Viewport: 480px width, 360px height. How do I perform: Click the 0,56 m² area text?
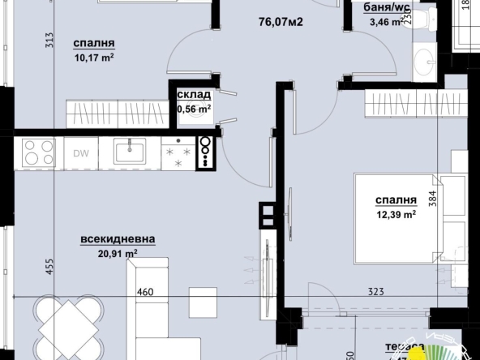(x=194, y=108)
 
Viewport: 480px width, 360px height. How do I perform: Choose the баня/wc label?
(x=370, y=9)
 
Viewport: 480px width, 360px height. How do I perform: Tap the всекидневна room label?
(x=118, y=239)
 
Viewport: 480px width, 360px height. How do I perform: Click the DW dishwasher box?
(x=81, y=152)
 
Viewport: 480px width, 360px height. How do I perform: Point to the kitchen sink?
(x=130, y=152)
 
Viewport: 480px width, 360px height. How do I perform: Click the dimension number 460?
(x=145, y=292)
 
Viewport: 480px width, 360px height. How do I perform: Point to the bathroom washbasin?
(x=423, y=60)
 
